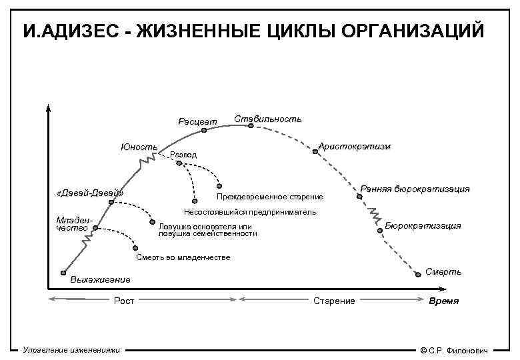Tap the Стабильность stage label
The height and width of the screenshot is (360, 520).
[x=267, y=119]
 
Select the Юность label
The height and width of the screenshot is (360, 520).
[x=139, y=147]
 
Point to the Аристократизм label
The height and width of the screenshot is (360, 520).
[x=355, y=146]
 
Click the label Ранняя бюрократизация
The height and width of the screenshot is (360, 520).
[x=415, y=189]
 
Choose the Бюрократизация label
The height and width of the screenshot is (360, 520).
[x=423, y=225]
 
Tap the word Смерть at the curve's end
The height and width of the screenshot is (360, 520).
[x=443, y=271]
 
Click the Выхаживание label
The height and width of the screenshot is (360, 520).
[x=100, y=279]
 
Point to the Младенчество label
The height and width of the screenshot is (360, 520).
[x=73, y=224]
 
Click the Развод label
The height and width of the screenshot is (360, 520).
[x=184, y=155]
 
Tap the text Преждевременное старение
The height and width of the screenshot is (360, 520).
[x=270, y=197]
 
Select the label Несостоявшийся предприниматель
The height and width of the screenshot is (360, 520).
[x=250, y=213]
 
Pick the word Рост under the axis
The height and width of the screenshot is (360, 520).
[x=124, y=301]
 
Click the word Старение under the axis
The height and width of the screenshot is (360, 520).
[x=334, y=301]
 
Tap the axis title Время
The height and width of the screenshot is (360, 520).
[x=443, y=301]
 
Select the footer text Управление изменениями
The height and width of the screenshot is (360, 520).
[x=71, y=349]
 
